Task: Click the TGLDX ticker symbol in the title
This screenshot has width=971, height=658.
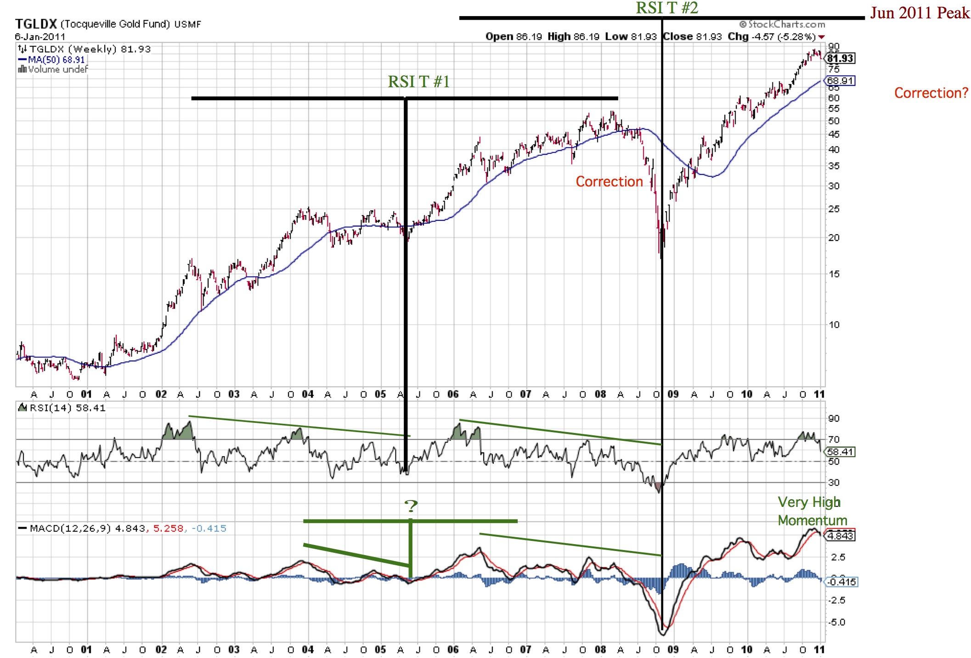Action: coord(36,24)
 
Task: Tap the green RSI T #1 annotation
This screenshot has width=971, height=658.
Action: coord(418,82)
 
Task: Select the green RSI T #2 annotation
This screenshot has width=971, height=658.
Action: coord(666,8)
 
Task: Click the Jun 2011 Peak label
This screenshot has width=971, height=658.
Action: coord(920,13)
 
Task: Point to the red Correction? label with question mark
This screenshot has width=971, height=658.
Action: coord(931,93)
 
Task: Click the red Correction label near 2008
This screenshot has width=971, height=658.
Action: coord(609,182)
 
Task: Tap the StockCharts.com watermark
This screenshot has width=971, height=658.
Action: coord(782,24)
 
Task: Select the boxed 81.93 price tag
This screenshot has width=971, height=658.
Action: coord(841,58)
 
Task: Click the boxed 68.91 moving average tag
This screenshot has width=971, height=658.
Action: coord(841,81)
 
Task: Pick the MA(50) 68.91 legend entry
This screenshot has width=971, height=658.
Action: coord(51,60)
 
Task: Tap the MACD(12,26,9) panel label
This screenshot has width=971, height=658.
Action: coord(64,529)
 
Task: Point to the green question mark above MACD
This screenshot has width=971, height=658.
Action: coord(411,506)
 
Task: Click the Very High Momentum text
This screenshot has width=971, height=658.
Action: coord(812,511)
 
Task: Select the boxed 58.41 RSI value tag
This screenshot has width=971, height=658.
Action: coord(840,452)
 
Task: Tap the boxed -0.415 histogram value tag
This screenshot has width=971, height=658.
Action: coord(841,582)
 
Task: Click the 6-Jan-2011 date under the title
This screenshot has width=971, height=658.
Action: coord(40,37)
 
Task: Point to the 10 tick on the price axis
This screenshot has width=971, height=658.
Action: coord(834,325)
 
